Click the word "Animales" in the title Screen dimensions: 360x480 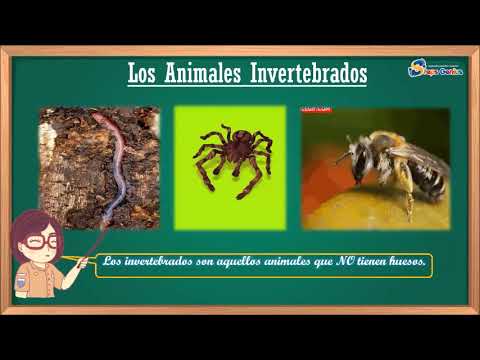pyautogui.click(x=199, y=74)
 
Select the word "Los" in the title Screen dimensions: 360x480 pyautogui.click(x=145, y=74)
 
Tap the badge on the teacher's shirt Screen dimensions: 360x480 pyautogui.click(x=22, y=283)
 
